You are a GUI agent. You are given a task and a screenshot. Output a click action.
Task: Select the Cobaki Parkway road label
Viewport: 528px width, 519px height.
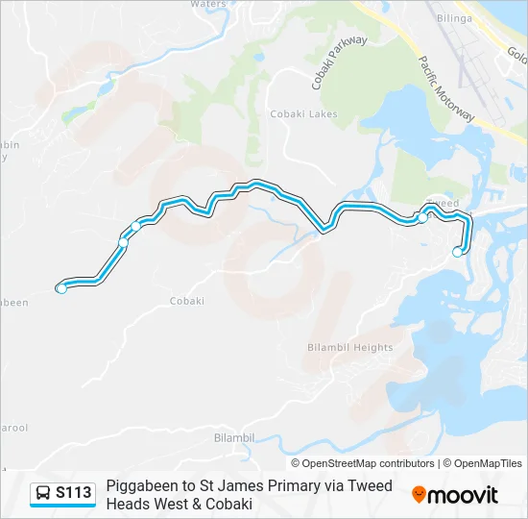click(340, 62)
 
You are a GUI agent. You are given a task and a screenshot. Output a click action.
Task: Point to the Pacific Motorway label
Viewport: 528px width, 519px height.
click(446, 88)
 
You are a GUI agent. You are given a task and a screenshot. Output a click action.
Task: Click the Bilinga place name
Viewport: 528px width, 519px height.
click(453, 18)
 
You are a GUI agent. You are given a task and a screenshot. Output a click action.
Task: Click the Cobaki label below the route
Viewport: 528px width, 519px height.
click(187, 301)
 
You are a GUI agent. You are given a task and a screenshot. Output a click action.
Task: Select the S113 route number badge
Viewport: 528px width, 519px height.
click(74, 494)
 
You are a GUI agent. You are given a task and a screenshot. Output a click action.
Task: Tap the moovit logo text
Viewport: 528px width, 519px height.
click(464, 495)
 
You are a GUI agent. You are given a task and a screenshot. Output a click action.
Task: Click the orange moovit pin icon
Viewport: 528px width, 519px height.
click(419, 494)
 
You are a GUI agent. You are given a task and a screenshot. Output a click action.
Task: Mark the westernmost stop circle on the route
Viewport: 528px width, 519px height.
click(61, 288)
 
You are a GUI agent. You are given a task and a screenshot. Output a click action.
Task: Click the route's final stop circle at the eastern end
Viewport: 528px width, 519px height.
click(457, 252)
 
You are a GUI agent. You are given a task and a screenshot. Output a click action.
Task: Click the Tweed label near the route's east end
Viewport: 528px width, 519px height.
click(441, 204)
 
